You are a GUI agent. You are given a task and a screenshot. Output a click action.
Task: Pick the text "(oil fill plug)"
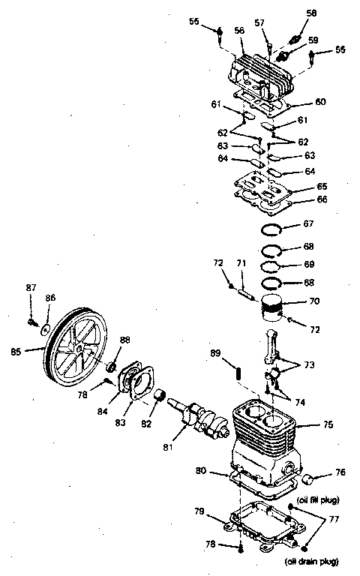pos(317,500)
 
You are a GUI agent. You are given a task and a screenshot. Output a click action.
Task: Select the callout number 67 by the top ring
pos(307,223)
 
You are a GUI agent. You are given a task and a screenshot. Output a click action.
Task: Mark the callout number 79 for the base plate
pos(199,511)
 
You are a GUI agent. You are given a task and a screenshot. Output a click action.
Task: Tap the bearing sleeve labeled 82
pos(158,395)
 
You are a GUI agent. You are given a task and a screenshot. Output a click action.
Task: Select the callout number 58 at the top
pos(311,13)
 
